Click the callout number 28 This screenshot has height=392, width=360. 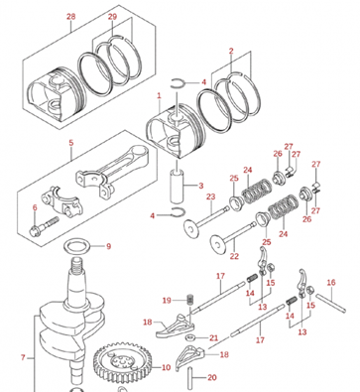(70, 18)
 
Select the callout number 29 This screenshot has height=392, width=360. (112, 18)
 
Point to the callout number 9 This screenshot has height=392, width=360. (108, 246)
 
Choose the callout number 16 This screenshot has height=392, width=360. (331, 282)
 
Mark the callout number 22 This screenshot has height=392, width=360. (234, 256)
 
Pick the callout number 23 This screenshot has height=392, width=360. (210, 197)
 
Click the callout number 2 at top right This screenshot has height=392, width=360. (231, 50)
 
